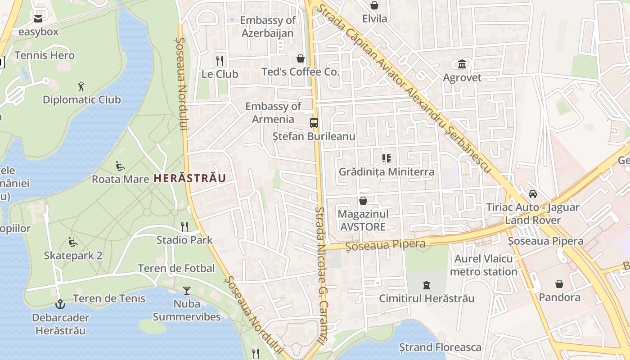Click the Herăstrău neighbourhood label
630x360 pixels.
pyautogui.click(x=189, y=178)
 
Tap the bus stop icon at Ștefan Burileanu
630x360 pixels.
pyautogui.click(x=314, y=123)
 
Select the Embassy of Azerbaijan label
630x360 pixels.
pyautogui.click(x=268, y=27)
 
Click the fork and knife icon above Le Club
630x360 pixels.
pyautogui.click(x=220, y=60)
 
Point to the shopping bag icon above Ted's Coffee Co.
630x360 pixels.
pyautogui.click(x=301, y=58)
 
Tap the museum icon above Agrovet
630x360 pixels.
pyautogui.click(x=462, y=64)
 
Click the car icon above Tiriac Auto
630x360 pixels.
pyautogui.click(x=533, y=194)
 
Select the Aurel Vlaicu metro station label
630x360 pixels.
pyautogui.click(x=484, y=265)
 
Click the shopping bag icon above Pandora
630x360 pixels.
pyautogui.click(x=559, y=284)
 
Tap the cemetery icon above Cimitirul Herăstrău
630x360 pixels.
pyautogui.click(x=426, y=285)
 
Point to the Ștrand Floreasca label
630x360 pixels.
pyautogui.click(x=440, y=347)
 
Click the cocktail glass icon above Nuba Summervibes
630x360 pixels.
pyautogui.click(x=187, y=291)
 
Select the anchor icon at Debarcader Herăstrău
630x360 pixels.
pyautogui.click(x=60, y=304)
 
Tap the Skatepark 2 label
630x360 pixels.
pyautogui.click(x=73, y=256)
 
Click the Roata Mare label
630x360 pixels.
pyautogui.click(x=120, y=179)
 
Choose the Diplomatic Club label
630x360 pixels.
pyautogui.click(x=82, y=99)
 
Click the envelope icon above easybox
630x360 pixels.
pyautogui.click(x=38, y=19)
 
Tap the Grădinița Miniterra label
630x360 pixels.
pyautogui.click(x=387, y=171)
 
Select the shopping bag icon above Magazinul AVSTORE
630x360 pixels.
pyautogui.click(x=363, y=201)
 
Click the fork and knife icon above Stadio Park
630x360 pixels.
pyautogui.click(x=184, y=226)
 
